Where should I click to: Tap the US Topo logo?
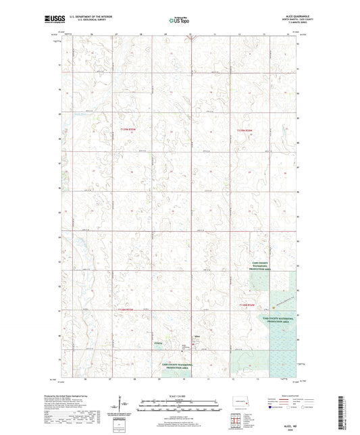click(x=179, y=20)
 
